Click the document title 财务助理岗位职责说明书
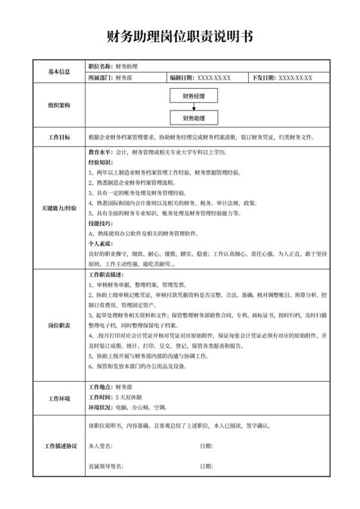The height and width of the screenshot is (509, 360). tap(180, 37)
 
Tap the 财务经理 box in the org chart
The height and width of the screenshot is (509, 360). tap(194, 96)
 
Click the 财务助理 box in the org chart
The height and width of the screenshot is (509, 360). tap(194, 118)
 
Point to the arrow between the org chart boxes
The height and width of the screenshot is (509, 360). tap(194, 107)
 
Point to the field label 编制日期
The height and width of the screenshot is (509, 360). tap(182, 78)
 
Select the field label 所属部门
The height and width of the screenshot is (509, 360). tap(101, 78)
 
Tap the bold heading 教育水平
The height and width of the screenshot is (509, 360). tap(100, 153)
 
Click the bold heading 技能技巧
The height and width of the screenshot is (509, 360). tap(100, 223)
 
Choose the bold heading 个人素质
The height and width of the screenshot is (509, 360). tap(100, 244)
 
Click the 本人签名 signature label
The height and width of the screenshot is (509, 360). tap(101, 445)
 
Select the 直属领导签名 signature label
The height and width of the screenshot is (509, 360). tap(105, 466)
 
